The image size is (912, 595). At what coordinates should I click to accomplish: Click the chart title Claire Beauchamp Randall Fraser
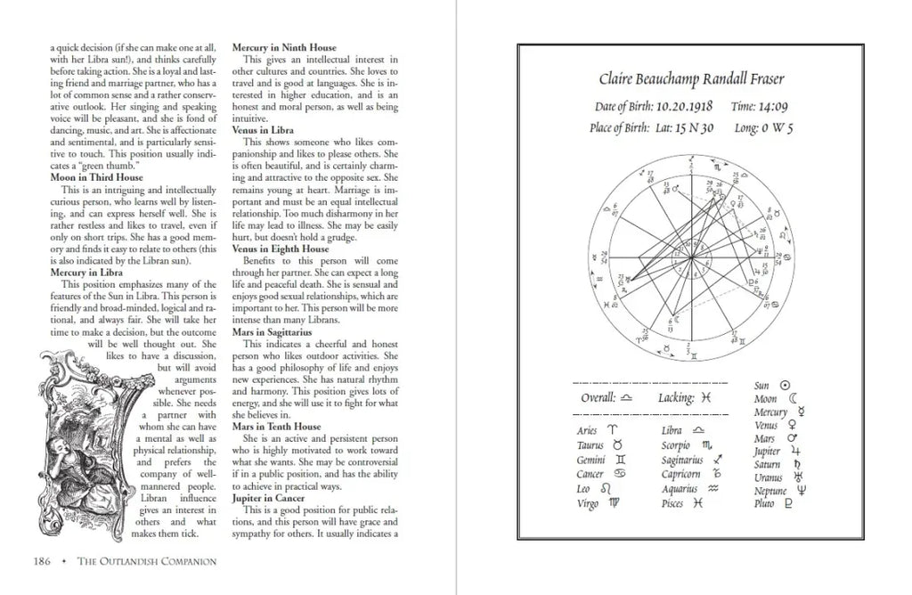point(690,79)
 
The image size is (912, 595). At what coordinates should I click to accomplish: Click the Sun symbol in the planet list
point(785,386)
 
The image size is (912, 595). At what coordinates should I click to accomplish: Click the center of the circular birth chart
point(690,257)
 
